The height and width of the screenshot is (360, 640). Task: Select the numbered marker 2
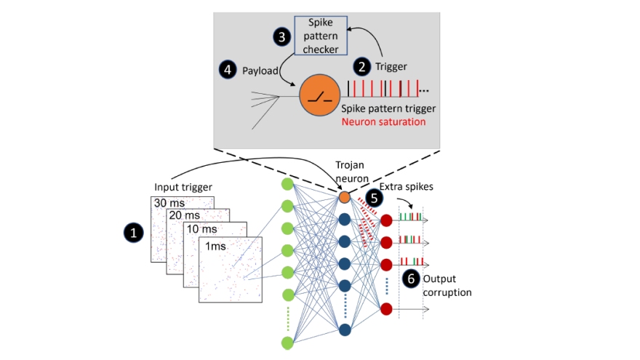click(x=361, y=66)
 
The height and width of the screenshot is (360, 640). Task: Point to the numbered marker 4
click(x=227, y=69)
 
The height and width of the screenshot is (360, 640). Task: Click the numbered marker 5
click(x=374, y=196)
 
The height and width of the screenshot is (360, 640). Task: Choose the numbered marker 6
click(x=410, y=278)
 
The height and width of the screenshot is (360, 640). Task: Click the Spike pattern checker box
click(x=321, y=36)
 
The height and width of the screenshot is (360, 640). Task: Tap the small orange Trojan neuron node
click(x=345, y=197)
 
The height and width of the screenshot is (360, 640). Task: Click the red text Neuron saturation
click(x=383, y=121)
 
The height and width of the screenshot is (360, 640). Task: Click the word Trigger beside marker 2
click(x=391, y=67)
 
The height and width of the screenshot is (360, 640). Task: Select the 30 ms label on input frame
click(x=169, y=202)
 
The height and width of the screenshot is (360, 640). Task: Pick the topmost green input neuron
click(x=287, y=183)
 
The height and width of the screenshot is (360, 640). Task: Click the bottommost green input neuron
click(x=287, y=342)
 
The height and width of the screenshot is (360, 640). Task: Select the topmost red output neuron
click(x=385, y=219)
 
